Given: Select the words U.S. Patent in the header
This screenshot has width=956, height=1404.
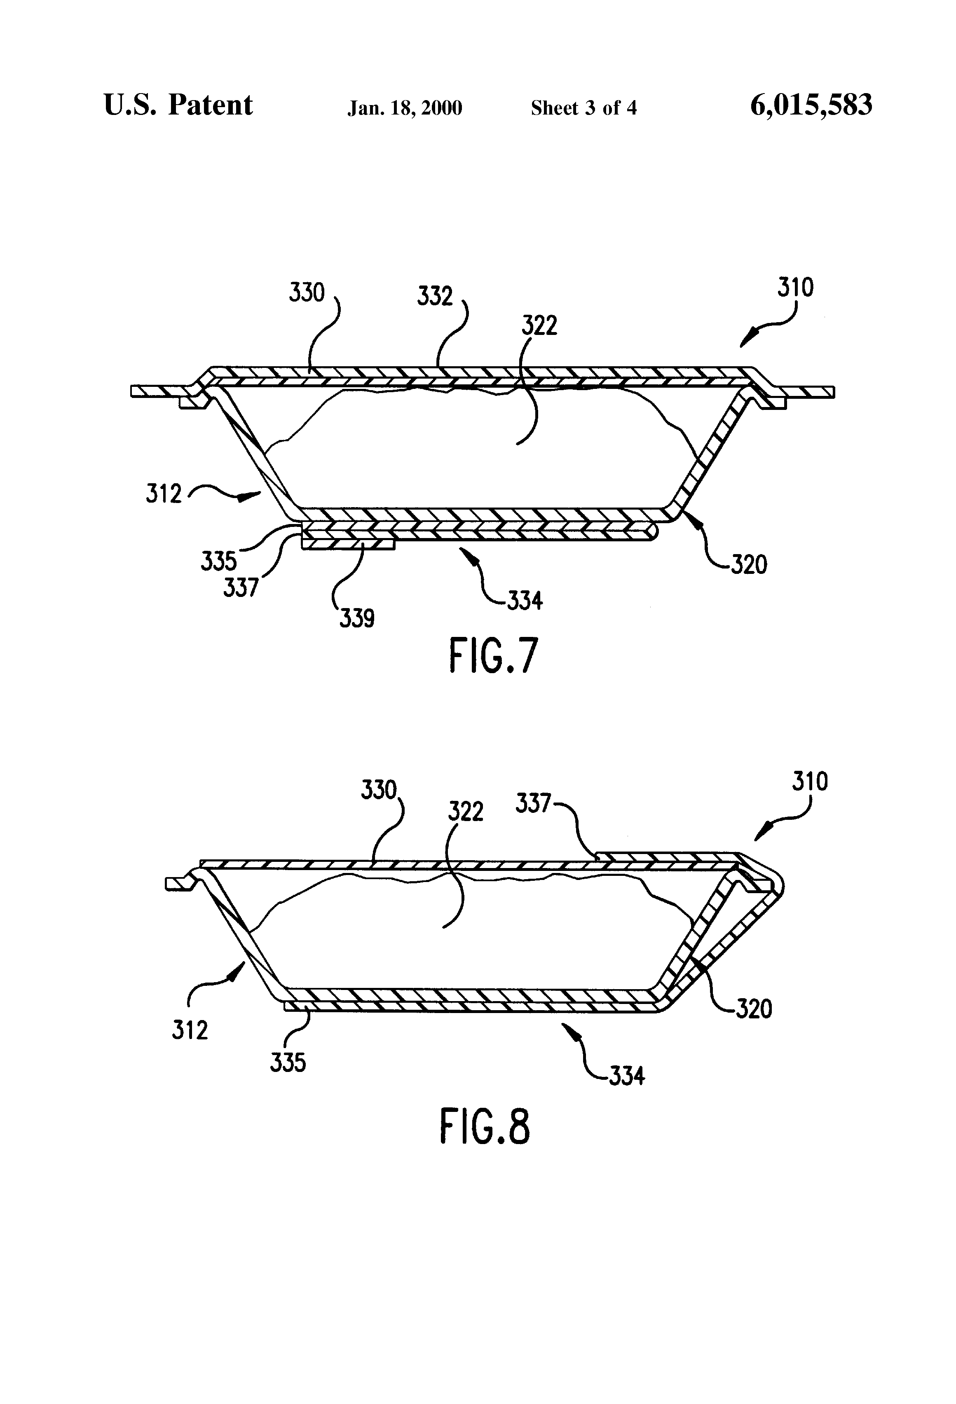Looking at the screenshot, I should tap(178, 105).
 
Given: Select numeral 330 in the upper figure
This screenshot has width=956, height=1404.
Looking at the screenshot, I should tap(307, 292).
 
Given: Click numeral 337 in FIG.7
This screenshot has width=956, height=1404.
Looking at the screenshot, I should tap(241, 587).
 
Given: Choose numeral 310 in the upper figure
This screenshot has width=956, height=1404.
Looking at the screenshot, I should tap(795, 288).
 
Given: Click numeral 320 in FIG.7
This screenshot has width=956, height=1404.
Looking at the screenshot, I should tap(749, 565).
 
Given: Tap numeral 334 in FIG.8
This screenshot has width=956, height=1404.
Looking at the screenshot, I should tap(627, 1075).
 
